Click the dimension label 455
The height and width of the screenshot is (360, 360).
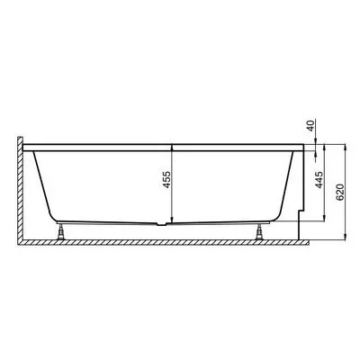167,179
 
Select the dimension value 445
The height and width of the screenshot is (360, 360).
319,180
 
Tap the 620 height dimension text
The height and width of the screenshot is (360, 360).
339,192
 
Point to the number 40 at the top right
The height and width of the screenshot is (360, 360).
311,125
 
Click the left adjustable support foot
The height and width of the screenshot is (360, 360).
61,231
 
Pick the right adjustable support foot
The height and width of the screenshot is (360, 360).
259,231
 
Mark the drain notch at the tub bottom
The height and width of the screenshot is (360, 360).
163,224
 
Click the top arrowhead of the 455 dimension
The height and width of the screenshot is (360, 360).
172,148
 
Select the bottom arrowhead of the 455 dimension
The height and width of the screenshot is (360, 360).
172,220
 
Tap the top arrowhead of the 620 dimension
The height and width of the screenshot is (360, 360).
346,148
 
